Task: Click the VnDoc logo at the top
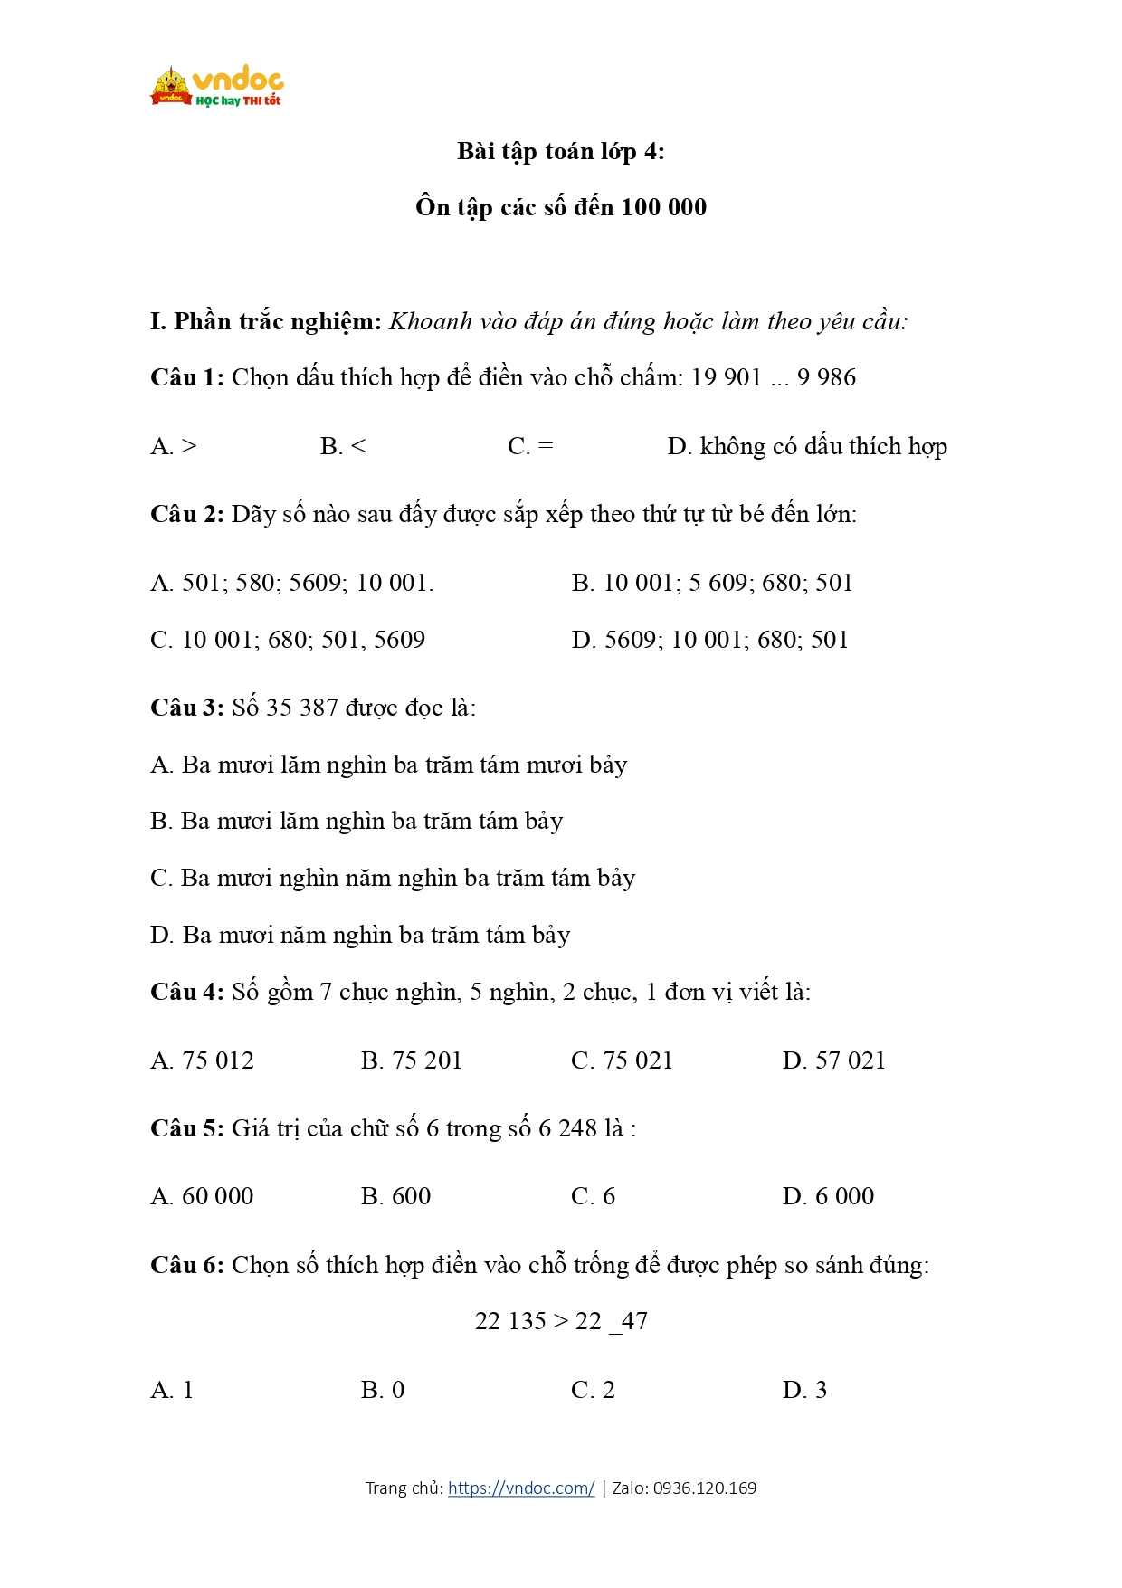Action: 217,87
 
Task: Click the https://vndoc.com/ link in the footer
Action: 521,1488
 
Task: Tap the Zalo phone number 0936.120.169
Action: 705,1488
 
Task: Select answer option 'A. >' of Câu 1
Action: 174,446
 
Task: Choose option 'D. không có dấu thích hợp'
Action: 807,446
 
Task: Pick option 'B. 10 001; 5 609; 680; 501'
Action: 712,583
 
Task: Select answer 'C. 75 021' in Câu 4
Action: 622,1060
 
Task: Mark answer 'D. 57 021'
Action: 833,1060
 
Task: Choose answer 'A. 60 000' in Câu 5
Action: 202,1196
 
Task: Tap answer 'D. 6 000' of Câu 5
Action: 828,1196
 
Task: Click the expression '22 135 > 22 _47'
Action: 561,1321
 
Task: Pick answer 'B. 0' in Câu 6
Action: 382,1390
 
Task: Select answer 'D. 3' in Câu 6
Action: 804,1390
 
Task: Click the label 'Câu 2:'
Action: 187,515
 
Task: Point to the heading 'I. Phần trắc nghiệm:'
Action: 266,321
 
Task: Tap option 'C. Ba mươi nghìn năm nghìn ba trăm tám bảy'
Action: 393,878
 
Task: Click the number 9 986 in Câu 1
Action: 826,377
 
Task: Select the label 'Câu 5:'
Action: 187,1128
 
